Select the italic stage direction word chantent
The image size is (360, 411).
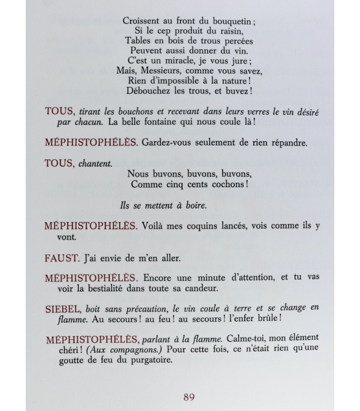pyautogui.click(x=95, y=162)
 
